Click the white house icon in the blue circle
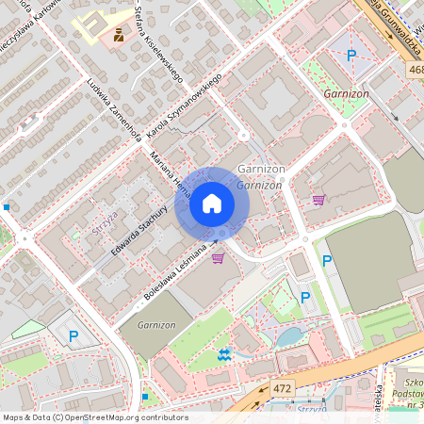point(212,204)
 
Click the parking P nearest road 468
point(351,57)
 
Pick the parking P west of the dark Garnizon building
point(73,334)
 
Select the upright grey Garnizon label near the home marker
point(261,169)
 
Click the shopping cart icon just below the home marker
point(218,257)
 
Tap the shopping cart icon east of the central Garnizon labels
point(318,200)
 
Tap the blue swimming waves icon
point(223,354)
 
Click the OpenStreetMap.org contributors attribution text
point(122,416)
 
